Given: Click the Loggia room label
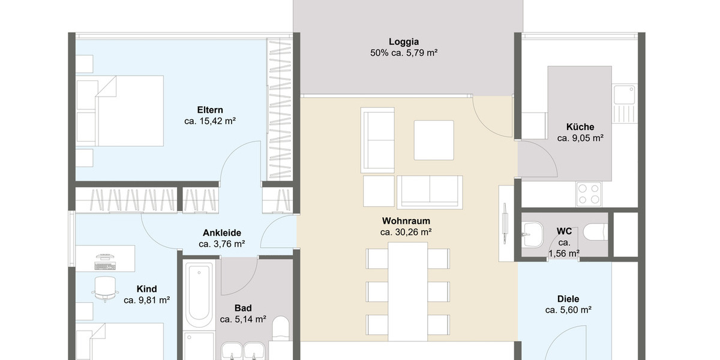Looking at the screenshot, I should click(x=403, y=42).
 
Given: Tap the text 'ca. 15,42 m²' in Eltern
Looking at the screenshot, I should click(x=209, y=121).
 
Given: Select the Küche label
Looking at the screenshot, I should click(x=580, y=127).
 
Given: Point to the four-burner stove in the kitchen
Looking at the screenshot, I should click(x=588, y=193).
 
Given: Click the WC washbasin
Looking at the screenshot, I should click(x=531, y=230).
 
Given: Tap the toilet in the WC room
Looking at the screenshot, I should click(x=594, y=232).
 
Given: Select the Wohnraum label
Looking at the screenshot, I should click(x=406, y=221).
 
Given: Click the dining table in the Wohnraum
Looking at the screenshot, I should click(x=407, y=288).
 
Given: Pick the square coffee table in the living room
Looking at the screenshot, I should click(x=433, y=140).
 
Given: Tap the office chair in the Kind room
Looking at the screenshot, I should click(x=106, y=287).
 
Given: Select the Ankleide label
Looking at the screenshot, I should click(x=221, y=233).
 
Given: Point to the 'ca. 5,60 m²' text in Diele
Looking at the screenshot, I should click(x=568, y=310).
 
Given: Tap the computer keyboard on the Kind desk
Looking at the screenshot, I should click(x=106, y=265).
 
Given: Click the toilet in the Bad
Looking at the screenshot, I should click(x=281, y=330).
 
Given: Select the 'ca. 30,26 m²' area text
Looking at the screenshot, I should click(x=406, y=232).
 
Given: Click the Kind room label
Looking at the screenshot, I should click(x=146, y=289).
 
